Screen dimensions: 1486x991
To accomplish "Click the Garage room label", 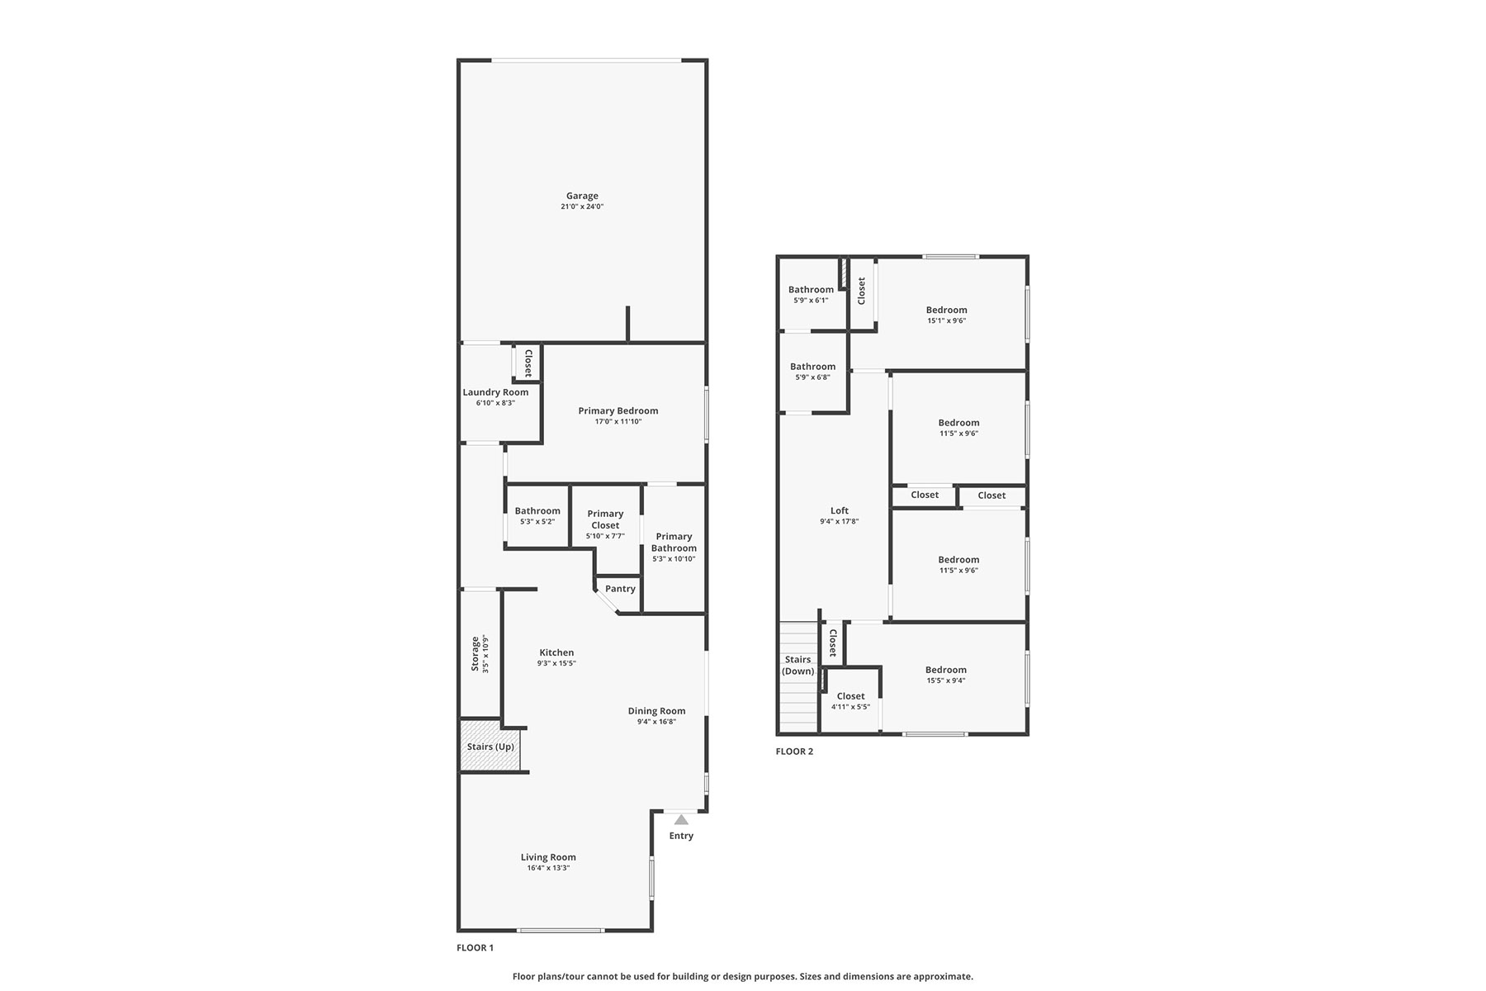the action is click(582, 196).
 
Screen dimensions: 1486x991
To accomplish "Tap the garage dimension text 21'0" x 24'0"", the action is click(582, 206).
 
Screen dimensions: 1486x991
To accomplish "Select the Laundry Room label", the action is click(495, 392).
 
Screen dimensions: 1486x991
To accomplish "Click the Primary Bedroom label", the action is click(618, 410).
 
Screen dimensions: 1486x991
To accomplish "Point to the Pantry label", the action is click(620, 589).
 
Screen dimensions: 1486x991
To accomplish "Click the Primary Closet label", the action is click(605, 519).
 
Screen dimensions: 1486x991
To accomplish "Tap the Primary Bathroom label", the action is click(674, 542).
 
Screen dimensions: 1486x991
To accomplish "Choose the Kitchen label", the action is click(556, 652).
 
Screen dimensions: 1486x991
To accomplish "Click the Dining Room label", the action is click(656, 711).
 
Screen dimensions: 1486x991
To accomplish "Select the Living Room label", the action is click(548, 857).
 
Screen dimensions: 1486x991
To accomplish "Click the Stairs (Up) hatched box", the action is click(490, 747).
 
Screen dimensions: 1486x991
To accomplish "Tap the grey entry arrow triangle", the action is click(681, 819).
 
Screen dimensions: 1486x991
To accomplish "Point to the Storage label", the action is click(475, 653).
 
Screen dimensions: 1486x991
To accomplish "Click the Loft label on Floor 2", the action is click(840, 510).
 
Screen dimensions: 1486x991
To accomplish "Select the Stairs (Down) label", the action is click(798, 666).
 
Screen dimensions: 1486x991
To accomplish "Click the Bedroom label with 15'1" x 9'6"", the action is click(946, 310).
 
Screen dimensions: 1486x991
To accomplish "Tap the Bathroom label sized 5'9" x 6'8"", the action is click(812, 367).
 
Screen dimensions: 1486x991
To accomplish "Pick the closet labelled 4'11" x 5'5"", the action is click(850, 696).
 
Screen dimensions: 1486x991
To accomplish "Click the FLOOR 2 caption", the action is click(794, 752).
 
